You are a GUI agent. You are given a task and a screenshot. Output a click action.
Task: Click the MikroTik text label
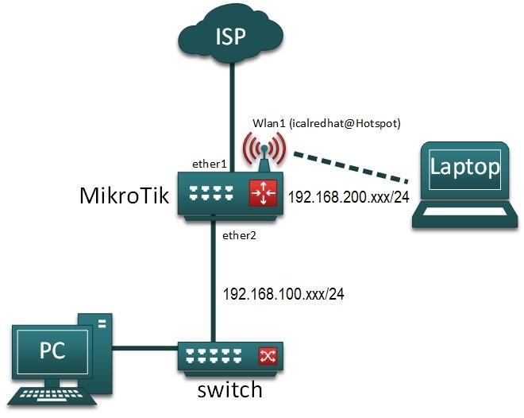[x=125, y=195]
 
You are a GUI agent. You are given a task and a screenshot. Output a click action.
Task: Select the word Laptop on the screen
[x=464, y=167]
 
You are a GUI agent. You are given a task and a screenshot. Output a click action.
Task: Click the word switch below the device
[x=230, y=390]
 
